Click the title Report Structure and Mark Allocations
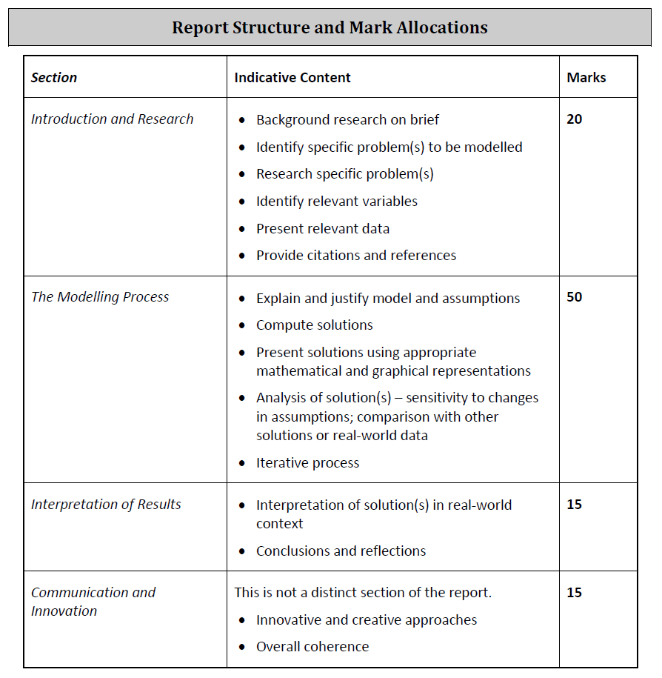click(330, 28)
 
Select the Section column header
click(54, 78)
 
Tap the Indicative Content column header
click(292, 78)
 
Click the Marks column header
click(586, 78)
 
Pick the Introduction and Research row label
click(113, 119)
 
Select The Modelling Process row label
click(100, 297)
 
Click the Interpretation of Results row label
click(106, 505)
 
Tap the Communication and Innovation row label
click(93, 601)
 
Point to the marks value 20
click(574, 119)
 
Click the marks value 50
click(574, 297)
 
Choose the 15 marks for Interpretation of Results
click(574, 505)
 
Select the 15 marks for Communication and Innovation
click(574, 593)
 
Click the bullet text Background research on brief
click(348, 120)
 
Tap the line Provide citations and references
click(356, 256)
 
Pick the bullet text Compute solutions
click(315, 325)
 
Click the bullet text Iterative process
click(308, 463)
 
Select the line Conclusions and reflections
click(341, 551)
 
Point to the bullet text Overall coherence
click(312, 647)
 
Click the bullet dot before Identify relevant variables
click(242, 202)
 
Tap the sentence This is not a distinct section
click(363, 593)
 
